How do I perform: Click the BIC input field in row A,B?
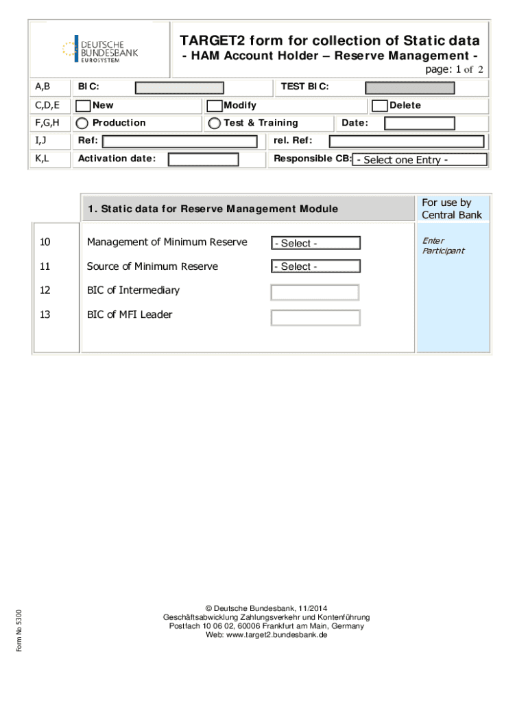(x=179, y=88)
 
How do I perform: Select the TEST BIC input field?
(x=409, y=88)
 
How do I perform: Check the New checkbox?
(x=83, y=106)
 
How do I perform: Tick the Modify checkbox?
(x=215, y=106)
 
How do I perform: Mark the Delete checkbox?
(x=379, y=106)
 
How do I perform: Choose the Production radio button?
(x=82, y=124)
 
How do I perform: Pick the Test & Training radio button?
(x=215, y=124)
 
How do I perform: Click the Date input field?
(x=419, y=124)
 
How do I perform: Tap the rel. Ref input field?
(x=407, y=141)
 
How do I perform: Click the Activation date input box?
(x=203, y=159)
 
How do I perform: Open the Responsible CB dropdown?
(x=420, y=160)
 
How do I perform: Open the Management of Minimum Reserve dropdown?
(x=315, y=243)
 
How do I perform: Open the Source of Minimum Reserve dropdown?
(x=315, y=266)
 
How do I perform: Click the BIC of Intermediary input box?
(x=315, y=292)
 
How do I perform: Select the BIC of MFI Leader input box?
(x=315, y=318)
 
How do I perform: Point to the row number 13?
(x=45, y=314)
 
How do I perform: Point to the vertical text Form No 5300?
(x=19, y=631)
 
